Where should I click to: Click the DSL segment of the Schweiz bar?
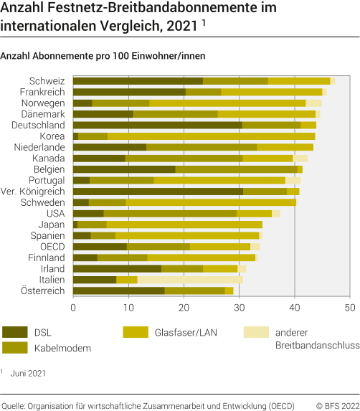click(x=138, y=81)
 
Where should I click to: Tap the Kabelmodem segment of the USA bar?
click(x=170, y=214)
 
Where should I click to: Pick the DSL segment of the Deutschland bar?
click(x=158, y=125)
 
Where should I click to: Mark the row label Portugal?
click(x=46, y=180)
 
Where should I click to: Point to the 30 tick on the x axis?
click(x=239, y=307)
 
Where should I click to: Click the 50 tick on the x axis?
click(x=349, y=307)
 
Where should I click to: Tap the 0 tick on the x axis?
click(x=73, y=307)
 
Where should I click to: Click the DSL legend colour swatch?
click(x=16, y=332)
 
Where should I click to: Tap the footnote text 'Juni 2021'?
click(x=28, y=373)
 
